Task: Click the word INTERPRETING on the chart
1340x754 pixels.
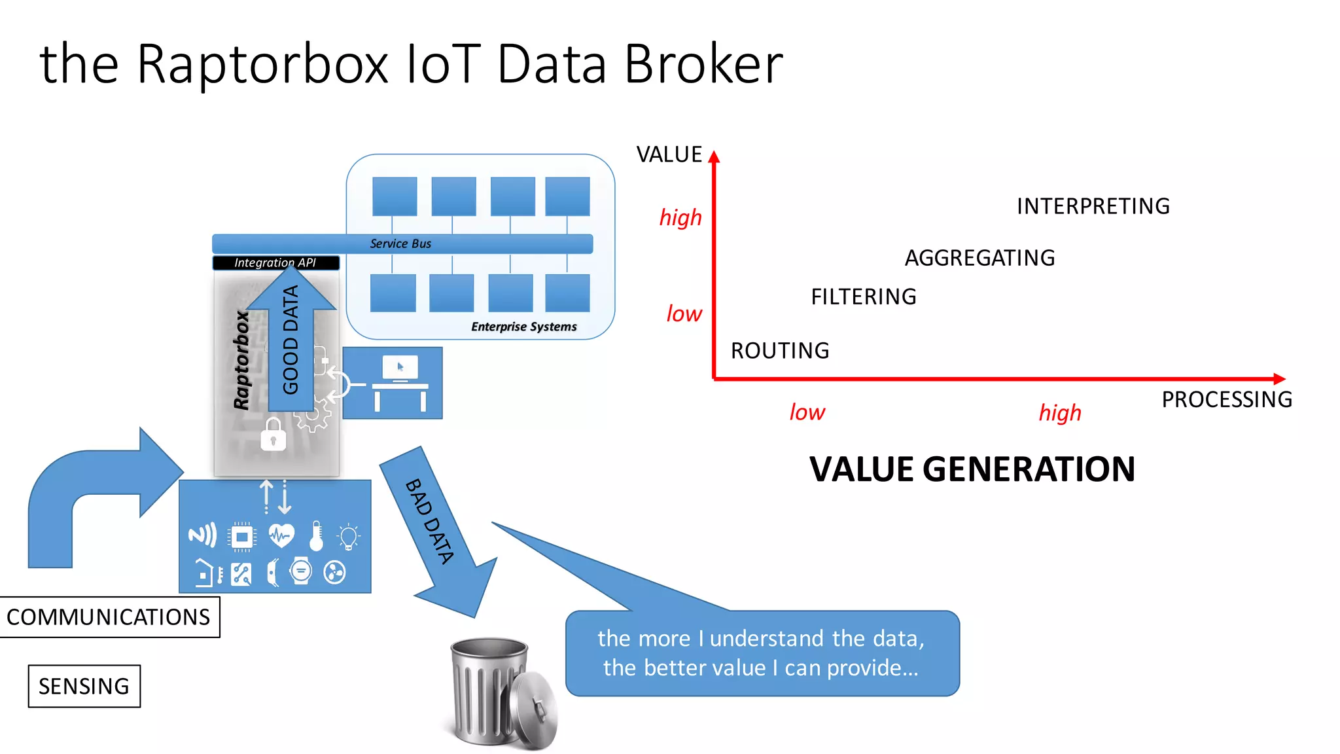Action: [1093, 206]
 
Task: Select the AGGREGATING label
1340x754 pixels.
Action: [979, 258]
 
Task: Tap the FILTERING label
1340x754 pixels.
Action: [864, 297]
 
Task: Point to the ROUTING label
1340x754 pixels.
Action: [780, 351]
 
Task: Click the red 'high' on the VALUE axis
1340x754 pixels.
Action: [680, 217]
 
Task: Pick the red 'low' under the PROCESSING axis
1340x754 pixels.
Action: [807, 412]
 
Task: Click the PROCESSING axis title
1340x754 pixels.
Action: [1227, 399]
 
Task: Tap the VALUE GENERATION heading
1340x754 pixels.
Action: [972, 469]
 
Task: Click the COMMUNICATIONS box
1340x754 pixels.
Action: [109, 617]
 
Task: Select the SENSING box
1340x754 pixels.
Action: [84, 686]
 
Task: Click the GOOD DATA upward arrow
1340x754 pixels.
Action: [291, 340]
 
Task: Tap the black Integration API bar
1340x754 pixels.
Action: [275, 262]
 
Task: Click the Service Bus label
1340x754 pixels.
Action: [400, 243]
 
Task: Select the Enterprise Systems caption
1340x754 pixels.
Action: [523, 327]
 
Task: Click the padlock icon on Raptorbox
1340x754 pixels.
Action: [273, 435]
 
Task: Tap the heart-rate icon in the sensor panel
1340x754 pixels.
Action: [281, 536]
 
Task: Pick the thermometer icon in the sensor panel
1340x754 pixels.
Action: [316, 536]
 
